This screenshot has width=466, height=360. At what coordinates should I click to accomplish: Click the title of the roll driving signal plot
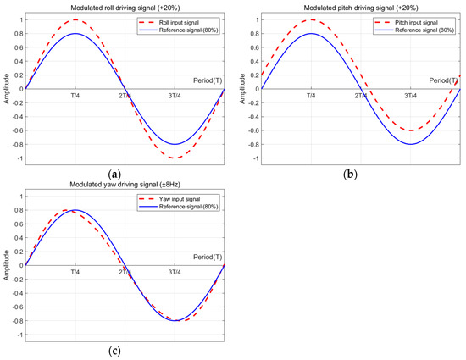(125, 7)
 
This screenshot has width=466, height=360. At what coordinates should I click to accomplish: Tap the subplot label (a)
(125, 174)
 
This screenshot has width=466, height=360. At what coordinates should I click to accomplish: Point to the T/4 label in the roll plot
(75, 97)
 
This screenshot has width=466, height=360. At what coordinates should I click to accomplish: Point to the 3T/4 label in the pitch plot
(411, 97)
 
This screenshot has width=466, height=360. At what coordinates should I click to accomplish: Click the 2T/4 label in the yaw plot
(125, 274)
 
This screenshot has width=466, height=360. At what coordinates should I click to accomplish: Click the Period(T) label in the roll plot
(203, 80)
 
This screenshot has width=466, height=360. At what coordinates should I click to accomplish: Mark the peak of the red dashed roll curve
(75, 19)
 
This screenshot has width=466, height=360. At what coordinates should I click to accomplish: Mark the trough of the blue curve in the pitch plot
(411, 144)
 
